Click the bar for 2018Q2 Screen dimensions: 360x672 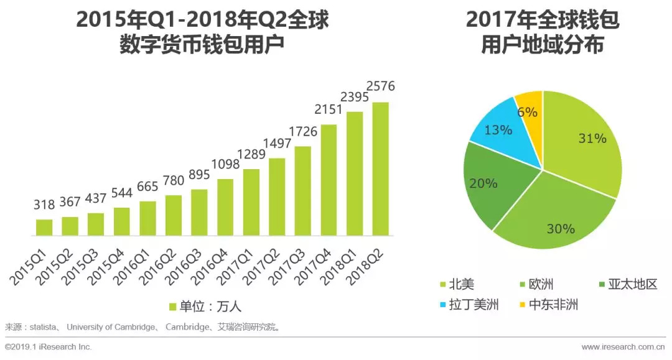click(380, 169)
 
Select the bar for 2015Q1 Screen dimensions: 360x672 click(44, 228)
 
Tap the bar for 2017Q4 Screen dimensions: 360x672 click(329, 180)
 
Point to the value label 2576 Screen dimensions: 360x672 click(380, 86)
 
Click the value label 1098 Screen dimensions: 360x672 click(225, 165)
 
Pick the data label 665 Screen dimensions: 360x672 click(147, 187)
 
